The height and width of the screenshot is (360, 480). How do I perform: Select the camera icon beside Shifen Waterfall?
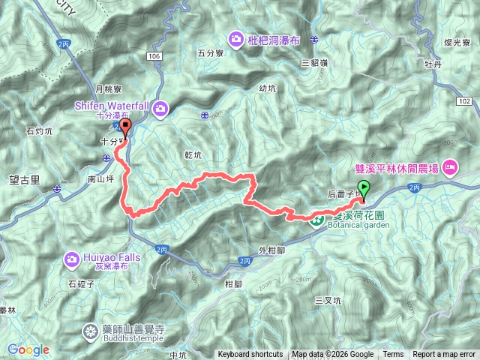point(160,111)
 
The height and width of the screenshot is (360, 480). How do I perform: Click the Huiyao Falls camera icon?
point(72,259)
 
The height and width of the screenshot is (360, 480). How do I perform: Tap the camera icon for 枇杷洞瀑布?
point(236,38)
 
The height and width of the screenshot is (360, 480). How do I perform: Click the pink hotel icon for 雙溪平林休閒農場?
point(450,166)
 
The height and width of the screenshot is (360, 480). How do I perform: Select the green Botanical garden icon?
point(317,220)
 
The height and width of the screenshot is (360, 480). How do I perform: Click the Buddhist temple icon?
point(91,330)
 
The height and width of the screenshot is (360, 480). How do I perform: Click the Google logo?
point(28,349)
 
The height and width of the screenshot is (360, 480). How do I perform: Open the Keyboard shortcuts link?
point(250,355)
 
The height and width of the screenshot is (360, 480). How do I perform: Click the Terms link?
point(393,355)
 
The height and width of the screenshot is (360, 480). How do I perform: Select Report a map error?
point(444,355)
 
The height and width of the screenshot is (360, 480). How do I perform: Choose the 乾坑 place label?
point(193,154)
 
